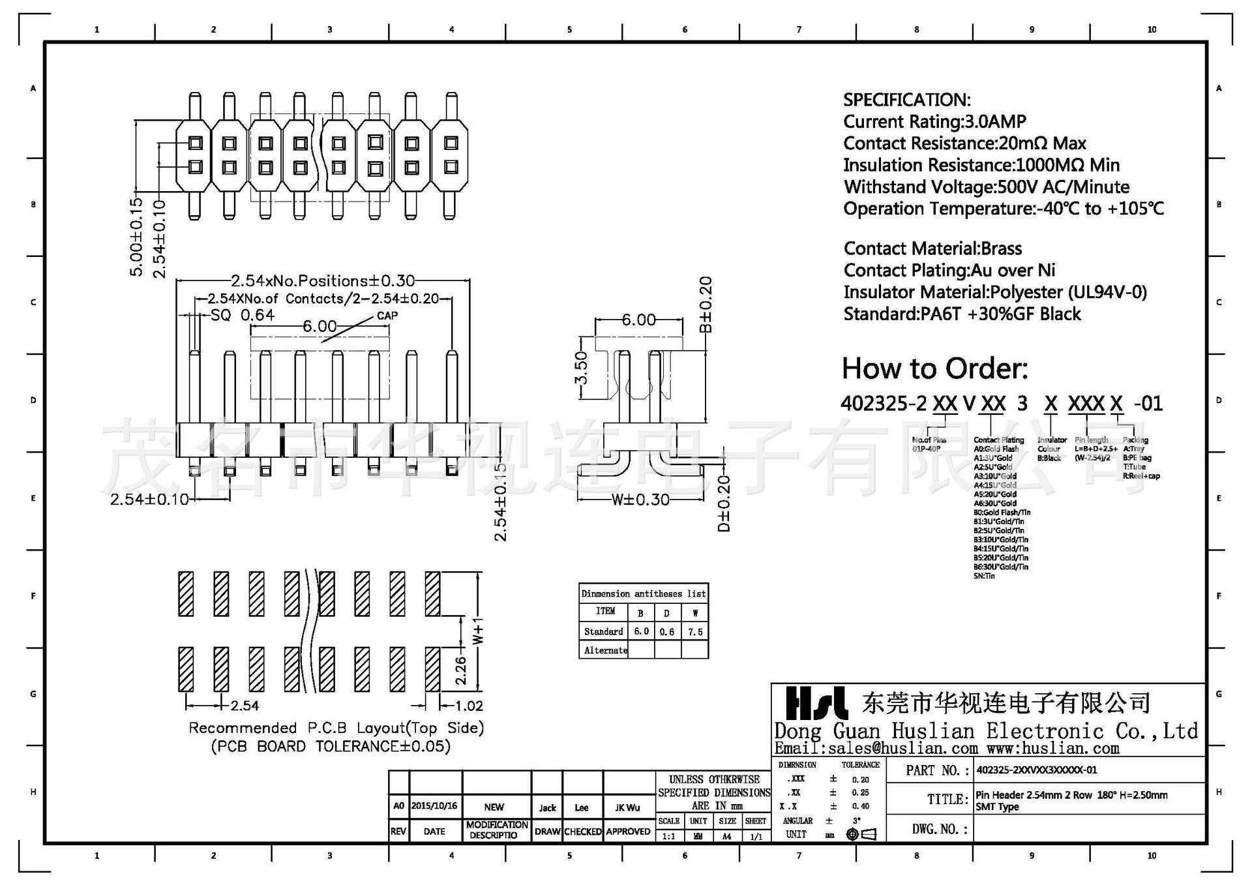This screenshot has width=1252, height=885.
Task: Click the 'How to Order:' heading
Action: point(934,369)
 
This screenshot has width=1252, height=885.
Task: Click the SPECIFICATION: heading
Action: point(906,100)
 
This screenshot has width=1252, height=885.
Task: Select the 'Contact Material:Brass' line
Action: point(932,248)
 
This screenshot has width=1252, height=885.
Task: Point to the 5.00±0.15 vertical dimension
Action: point(136,237)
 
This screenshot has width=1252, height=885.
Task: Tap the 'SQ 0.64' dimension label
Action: point(243,316)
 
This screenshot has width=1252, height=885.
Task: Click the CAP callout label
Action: point(387,316)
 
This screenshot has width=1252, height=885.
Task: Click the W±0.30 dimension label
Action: point(640,500)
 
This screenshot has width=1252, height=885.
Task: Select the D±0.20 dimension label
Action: point(724,503)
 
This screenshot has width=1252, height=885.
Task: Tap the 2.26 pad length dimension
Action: point(460,670)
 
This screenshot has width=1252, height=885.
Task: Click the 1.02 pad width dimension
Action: point(469,706)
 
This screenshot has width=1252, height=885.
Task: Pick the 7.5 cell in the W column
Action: point(695,631)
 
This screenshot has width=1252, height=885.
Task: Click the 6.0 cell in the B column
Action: point(641,631)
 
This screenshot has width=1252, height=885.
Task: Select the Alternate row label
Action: point(605,650)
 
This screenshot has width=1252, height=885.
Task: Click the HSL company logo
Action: point(816,703)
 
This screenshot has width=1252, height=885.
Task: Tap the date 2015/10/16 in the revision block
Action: point(434,806)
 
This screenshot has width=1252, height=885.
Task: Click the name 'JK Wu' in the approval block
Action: point(627,807)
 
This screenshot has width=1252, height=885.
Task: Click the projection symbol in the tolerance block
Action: point(861,834)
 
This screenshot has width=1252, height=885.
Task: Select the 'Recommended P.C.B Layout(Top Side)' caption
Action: point(336,728)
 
